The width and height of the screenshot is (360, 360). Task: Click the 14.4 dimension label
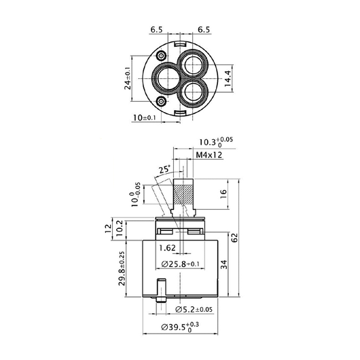(228, 79)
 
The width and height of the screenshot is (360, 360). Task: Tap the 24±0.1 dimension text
(128, 78)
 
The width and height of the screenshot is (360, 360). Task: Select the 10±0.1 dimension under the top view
(145, 118)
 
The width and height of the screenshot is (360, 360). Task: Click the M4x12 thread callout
(209, 155)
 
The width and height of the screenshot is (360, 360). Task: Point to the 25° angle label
(165, 169)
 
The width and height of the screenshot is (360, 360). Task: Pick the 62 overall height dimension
(234, 238)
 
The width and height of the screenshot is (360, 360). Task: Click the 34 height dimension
(224, 264)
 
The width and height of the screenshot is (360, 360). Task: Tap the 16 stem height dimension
(223, 194)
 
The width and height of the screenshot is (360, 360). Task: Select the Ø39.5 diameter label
(180, 327)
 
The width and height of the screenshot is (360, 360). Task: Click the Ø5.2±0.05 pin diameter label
(194, 310)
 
